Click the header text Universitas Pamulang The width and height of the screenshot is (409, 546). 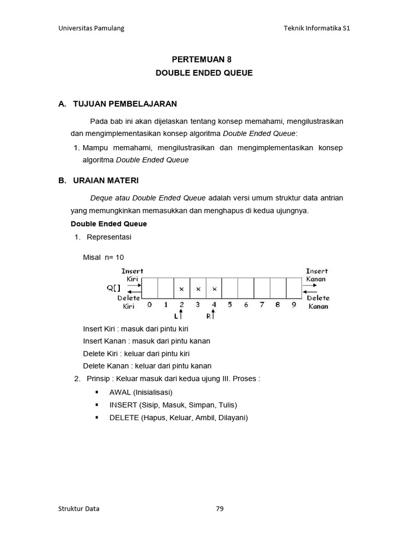coord(91,28)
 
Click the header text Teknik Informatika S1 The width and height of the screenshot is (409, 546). coord(317,28)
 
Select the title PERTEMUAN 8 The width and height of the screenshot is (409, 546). coord(204,60)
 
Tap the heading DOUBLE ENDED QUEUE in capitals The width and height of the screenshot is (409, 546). coord(204,73)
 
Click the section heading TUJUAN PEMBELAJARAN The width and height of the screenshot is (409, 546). coord(125,103)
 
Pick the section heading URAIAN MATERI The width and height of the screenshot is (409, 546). coord(106,180)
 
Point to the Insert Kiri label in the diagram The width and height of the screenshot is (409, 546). coord(132,275)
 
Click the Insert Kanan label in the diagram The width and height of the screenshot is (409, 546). coord(316,275)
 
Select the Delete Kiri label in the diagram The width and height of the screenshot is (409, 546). coord(129,302)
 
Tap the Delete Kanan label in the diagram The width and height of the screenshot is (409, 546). coord(318,302)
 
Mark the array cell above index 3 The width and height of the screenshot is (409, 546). coord(198,288)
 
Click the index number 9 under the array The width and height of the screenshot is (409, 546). coord(294,306)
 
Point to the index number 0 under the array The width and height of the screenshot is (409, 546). coord(150,306)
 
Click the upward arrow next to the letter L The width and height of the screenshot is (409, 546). coord(181,316)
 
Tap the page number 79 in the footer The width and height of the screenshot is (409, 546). coord(220,509)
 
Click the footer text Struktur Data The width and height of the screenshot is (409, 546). coord(79,509)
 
